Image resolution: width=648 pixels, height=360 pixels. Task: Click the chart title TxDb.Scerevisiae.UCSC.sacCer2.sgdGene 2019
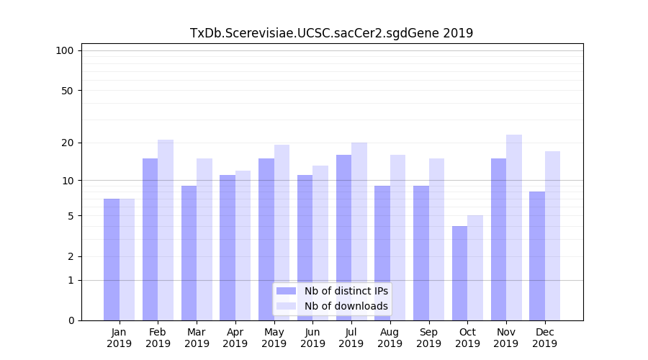[331, 33]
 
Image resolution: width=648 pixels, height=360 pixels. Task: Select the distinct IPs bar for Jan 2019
[112, 259]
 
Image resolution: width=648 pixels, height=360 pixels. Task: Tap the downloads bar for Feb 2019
[166, 230]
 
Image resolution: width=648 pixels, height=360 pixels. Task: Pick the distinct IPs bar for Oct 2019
[459, 273]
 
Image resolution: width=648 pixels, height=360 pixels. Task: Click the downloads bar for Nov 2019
[514, 228]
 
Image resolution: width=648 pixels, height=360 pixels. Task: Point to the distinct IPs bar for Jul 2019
[343, 238]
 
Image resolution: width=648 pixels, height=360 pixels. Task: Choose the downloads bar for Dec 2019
[552, 235]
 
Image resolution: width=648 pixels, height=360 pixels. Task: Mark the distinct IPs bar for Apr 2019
[228, 248]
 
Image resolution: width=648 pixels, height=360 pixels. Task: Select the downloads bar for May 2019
[282, 233]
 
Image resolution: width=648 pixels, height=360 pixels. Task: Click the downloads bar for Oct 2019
[475, 268]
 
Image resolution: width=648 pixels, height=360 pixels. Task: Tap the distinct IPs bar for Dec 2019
[537, 256]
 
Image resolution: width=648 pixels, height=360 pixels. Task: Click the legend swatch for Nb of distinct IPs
[287, 291]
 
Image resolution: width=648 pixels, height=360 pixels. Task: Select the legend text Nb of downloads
[346, 306]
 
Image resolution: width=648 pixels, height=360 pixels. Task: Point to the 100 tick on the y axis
[65, 50]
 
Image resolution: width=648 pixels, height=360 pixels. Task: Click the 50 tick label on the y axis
[67, 91]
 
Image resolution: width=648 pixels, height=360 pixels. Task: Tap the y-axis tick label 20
[67, 143]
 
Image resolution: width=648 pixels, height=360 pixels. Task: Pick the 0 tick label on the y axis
[71, 320]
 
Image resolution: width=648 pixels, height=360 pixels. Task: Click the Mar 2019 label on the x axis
[197, 338]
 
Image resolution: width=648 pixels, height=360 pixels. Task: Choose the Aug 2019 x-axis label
[390, 338]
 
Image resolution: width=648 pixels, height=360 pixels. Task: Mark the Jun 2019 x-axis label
[312, 338]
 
